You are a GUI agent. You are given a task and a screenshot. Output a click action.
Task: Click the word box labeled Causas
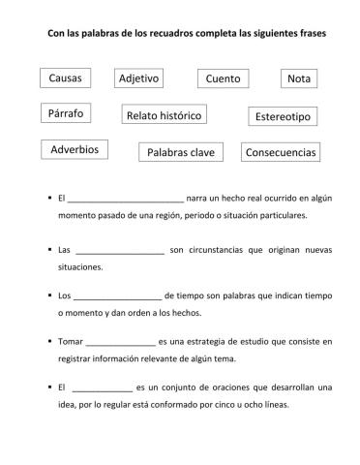tap(65, 77)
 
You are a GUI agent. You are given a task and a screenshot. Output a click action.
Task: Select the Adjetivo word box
tap(139, 77)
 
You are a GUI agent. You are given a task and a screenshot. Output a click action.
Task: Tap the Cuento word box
tap(224, 78)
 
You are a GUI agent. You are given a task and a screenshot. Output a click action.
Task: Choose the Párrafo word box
tap(66, 114)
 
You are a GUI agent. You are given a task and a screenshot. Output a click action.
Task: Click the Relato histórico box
tap(165, 115)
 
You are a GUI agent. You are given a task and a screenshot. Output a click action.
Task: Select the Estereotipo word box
tap(283, 116)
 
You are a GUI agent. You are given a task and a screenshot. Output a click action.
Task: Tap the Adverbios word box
tap(75, 149)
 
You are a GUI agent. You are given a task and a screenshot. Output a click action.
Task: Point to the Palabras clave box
tap(182, 152)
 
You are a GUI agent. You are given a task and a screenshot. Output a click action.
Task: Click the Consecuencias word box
tap(281, 152)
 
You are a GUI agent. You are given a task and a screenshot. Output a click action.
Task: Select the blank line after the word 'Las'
tap(119, 251)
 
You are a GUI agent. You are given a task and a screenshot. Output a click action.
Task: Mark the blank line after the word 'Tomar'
tap(120, 342)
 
